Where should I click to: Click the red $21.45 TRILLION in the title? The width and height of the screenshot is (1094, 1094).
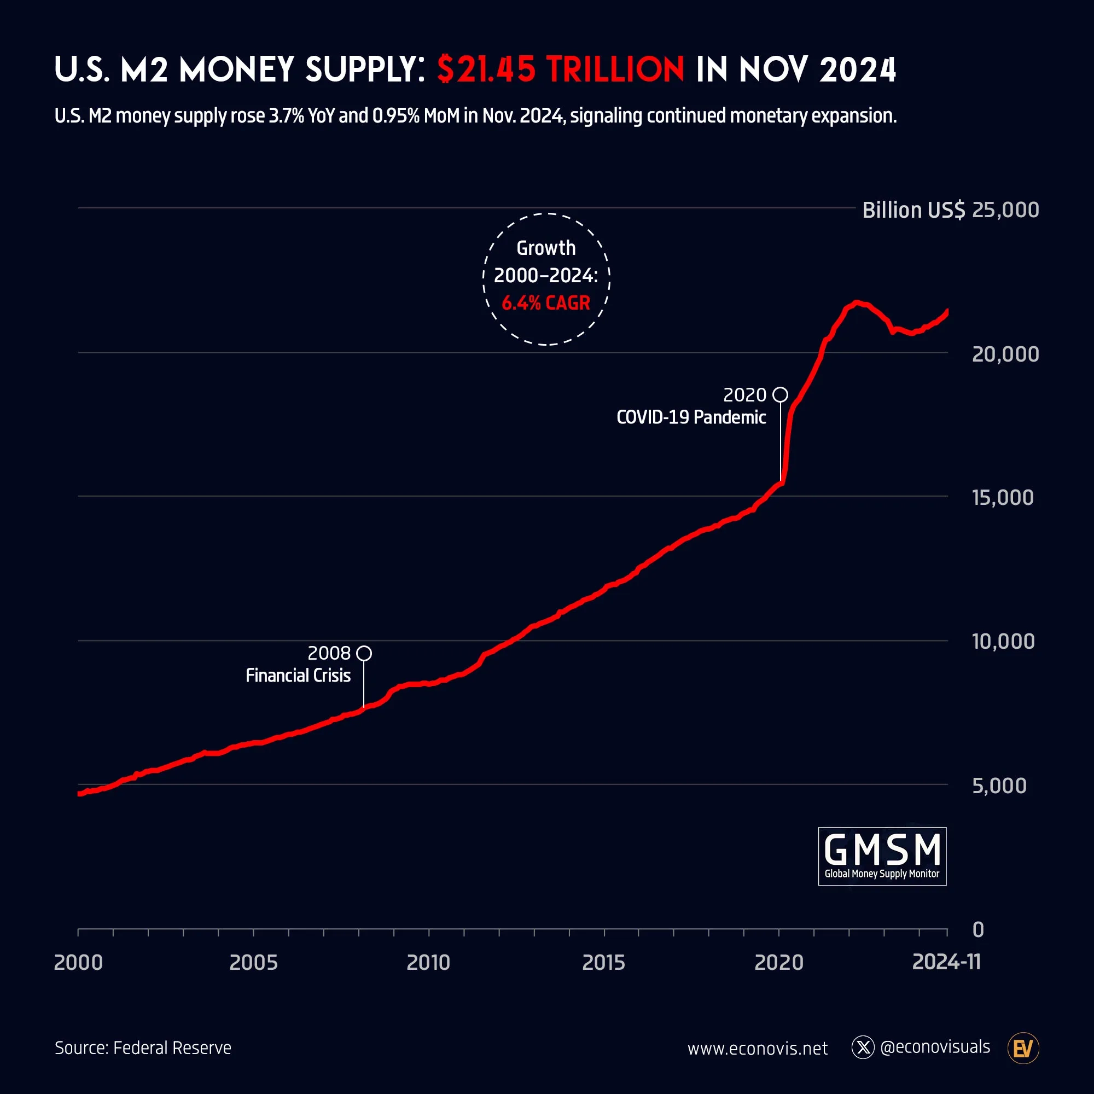[x=561, y=69]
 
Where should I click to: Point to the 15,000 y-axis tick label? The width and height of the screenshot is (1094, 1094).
[x=1002, y=498]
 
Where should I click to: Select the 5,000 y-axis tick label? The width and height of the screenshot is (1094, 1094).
[x=999, y=786]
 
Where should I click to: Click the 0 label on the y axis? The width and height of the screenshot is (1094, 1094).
[x=978, y=930]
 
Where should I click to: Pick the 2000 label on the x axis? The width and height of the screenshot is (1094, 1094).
[x=78, y=963]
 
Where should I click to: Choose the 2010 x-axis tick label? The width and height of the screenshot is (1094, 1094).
[x=428, y=963]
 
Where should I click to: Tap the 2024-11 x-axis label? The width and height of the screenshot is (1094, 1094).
[x=946, y=962]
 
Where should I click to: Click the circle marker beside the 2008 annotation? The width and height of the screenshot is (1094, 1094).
[x=364, y=654]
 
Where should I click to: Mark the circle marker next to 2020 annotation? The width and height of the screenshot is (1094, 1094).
[x=781, y=395]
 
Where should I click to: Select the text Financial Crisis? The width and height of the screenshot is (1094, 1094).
[x=298, y=676]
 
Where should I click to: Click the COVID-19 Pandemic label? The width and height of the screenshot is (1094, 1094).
[x=691, y=417]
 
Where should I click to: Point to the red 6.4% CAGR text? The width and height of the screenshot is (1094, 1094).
[x=546, y=303]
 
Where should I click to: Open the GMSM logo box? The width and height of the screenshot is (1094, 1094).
[x=882, y=856]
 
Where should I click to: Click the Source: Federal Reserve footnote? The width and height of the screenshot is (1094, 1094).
[x=143, y=1048]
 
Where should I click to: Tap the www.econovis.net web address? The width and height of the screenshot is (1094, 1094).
[x=757, y=1049]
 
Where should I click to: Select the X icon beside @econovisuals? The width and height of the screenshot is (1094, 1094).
[x=863, y=1048]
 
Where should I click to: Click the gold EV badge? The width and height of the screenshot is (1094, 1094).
[x=1023, y=1049]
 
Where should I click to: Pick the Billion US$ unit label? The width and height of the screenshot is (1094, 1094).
[x=913, y=210]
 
